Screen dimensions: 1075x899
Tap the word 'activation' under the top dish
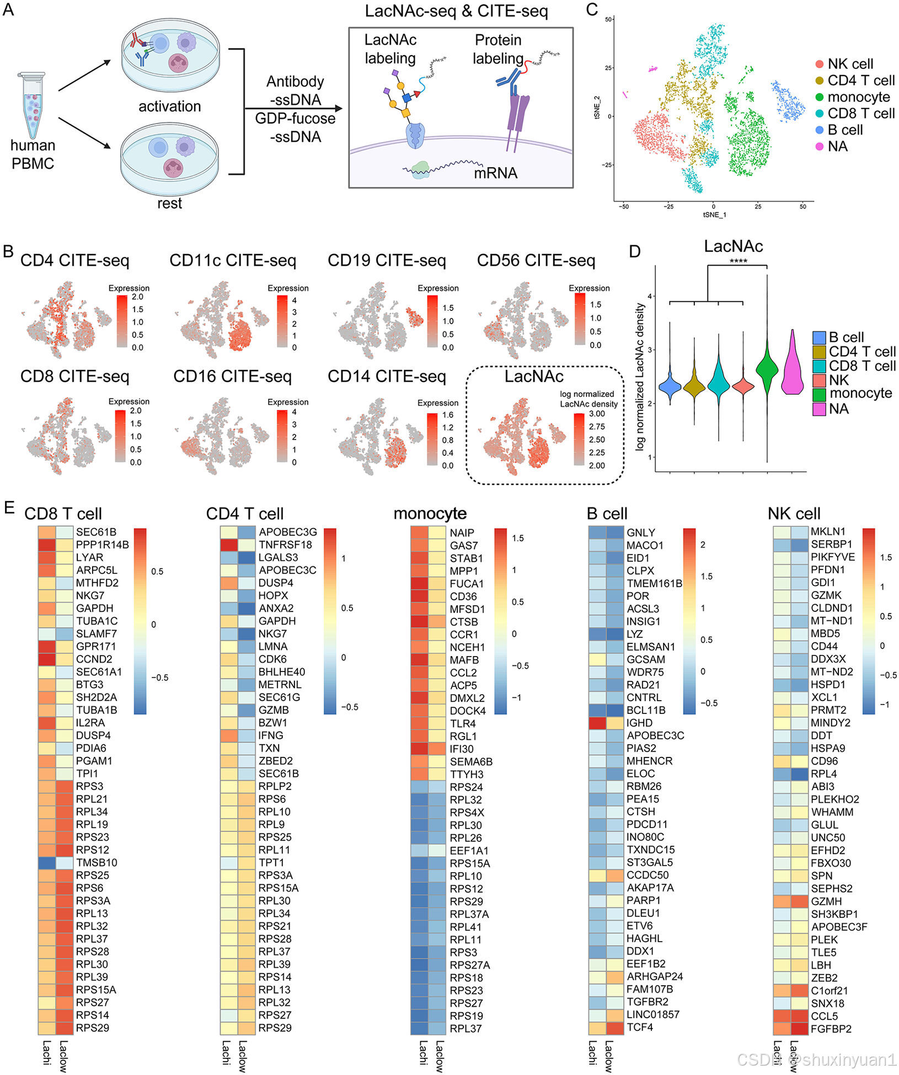tap(169, 106)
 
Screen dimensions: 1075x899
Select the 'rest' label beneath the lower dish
tap(169, 203)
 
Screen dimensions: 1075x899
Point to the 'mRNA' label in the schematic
tap(495, 173)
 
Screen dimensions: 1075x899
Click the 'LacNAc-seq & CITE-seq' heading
tap(456, 11)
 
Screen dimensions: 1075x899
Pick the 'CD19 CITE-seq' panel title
tap(386, 260)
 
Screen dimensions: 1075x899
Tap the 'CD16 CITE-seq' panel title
tap(232, 376)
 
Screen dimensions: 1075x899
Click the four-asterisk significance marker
tap(738, 261)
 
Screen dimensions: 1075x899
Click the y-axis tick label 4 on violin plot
tap(650, 297)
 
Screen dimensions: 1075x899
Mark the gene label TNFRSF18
tap(285, 545)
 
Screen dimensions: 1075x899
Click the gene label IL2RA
tap(90, 723)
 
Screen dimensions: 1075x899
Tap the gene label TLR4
tap(463, 723)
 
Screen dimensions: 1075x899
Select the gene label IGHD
tap(639, 723)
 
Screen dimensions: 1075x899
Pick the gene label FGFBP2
tap(831, 1028)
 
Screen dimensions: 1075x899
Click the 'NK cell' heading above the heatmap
tap(794, 514)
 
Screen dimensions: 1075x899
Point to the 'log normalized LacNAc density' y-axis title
tap(640, 377)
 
